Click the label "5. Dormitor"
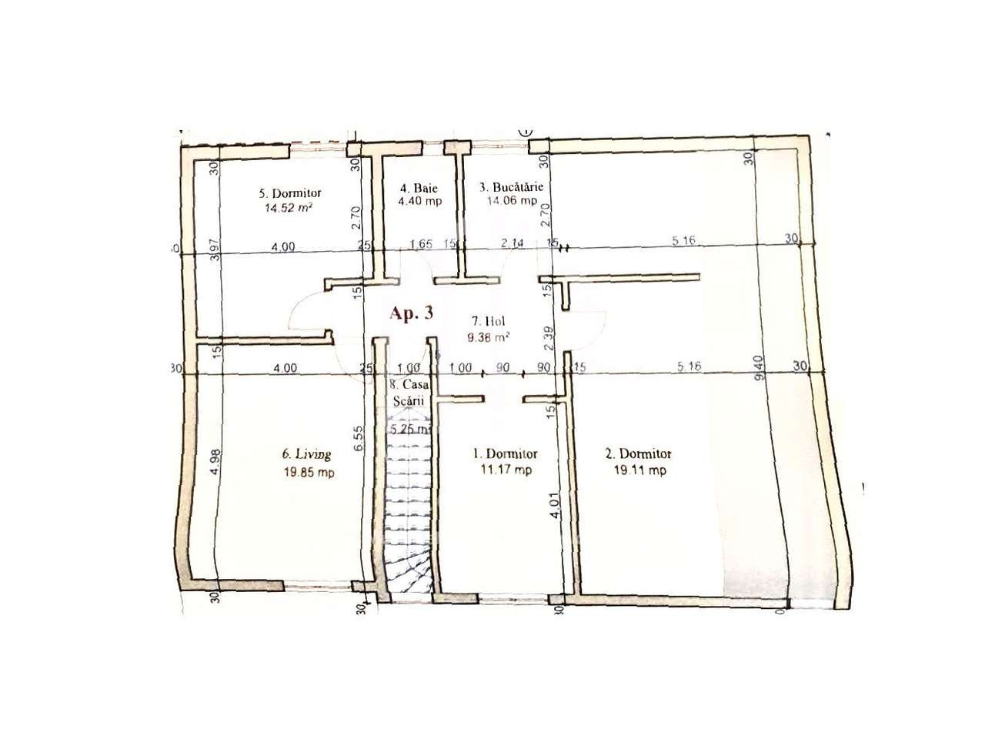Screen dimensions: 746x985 (289, 193)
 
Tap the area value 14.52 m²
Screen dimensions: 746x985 (289, 207)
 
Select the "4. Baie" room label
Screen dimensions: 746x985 (414, 188)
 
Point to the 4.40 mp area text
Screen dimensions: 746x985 (414, 202)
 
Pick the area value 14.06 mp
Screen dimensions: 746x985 (512, 201)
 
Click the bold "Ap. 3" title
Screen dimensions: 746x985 (411, 313)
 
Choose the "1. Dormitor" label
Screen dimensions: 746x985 (505, 454)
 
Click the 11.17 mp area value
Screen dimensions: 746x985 (505, 470)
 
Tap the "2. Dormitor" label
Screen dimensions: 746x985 (635, 454)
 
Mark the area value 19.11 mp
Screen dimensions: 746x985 (635, 470)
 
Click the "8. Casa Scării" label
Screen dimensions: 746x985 (409, 392)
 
